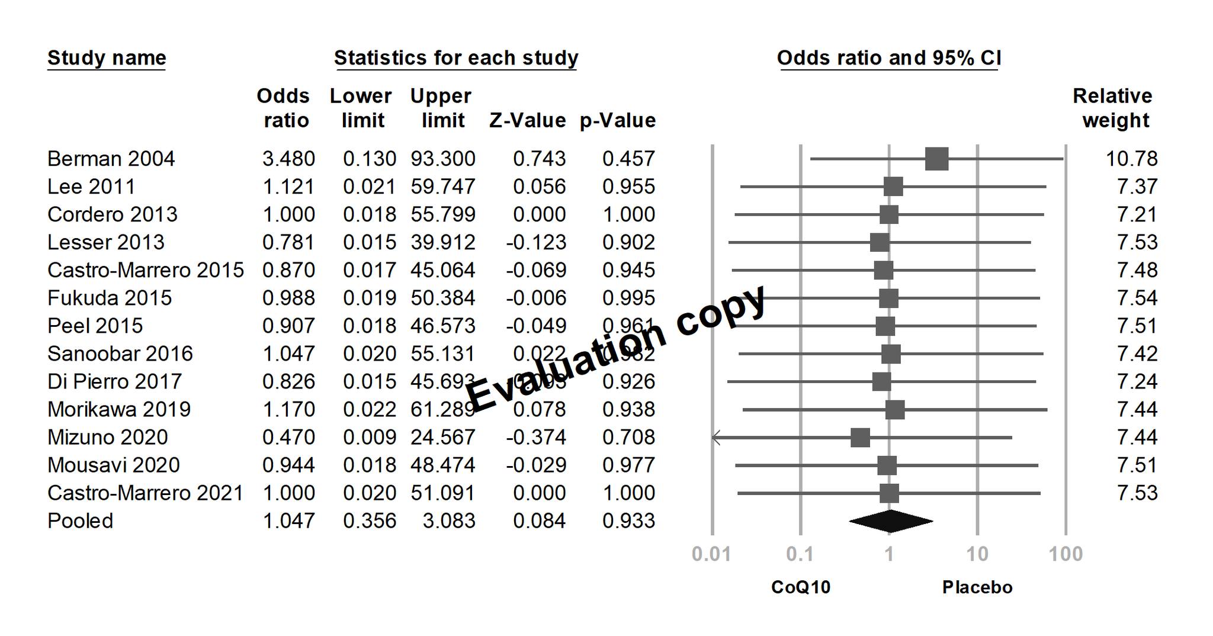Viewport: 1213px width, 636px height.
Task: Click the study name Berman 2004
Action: click(111, 159)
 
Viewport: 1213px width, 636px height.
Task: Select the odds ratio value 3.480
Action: click(288, 159)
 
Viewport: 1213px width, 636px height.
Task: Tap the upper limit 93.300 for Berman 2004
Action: click(442, 159)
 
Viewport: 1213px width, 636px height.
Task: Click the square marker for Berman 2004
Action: click(936, 159)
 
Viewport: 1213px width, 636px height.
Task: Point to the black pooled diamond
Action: click(890, 521)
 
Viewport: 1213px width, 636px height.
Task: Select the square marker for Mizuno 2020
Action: click(860, 438)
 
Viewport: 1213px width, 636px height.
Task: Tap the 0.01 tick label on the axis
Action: click(711, 554)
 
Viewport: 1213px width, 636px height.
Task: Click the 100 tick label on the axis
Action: click(1066, 554)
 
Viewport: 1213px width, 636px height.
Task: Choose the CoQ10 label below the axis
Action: click(801, 587)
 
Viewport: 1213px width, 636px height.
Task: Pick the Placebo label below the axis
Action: click(977, 587)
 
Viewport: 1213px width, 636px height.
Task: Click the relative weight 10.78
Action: click(1131, 159)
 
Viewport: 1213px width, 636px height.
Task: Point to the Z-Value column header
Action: click(527, 121)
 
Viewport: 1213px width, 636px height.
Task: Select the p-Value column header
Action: click(617, 121)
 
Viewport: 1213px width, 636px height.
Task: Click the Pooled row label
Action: click(80, 521)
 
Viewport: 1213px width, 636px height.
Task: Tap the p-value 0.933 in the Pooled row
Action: click(628, 521)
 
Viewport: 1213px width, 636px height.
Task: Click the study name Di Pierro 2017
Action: click(114, 381)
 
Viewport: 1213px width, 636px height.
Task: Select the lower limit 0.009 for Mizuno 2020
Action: click(369, 438)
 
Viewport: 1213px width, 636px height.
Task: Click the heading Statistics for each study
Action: click(456, 58)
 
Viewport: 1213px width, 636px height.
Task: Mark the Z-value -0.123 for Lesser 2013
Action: click(536, 242)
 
